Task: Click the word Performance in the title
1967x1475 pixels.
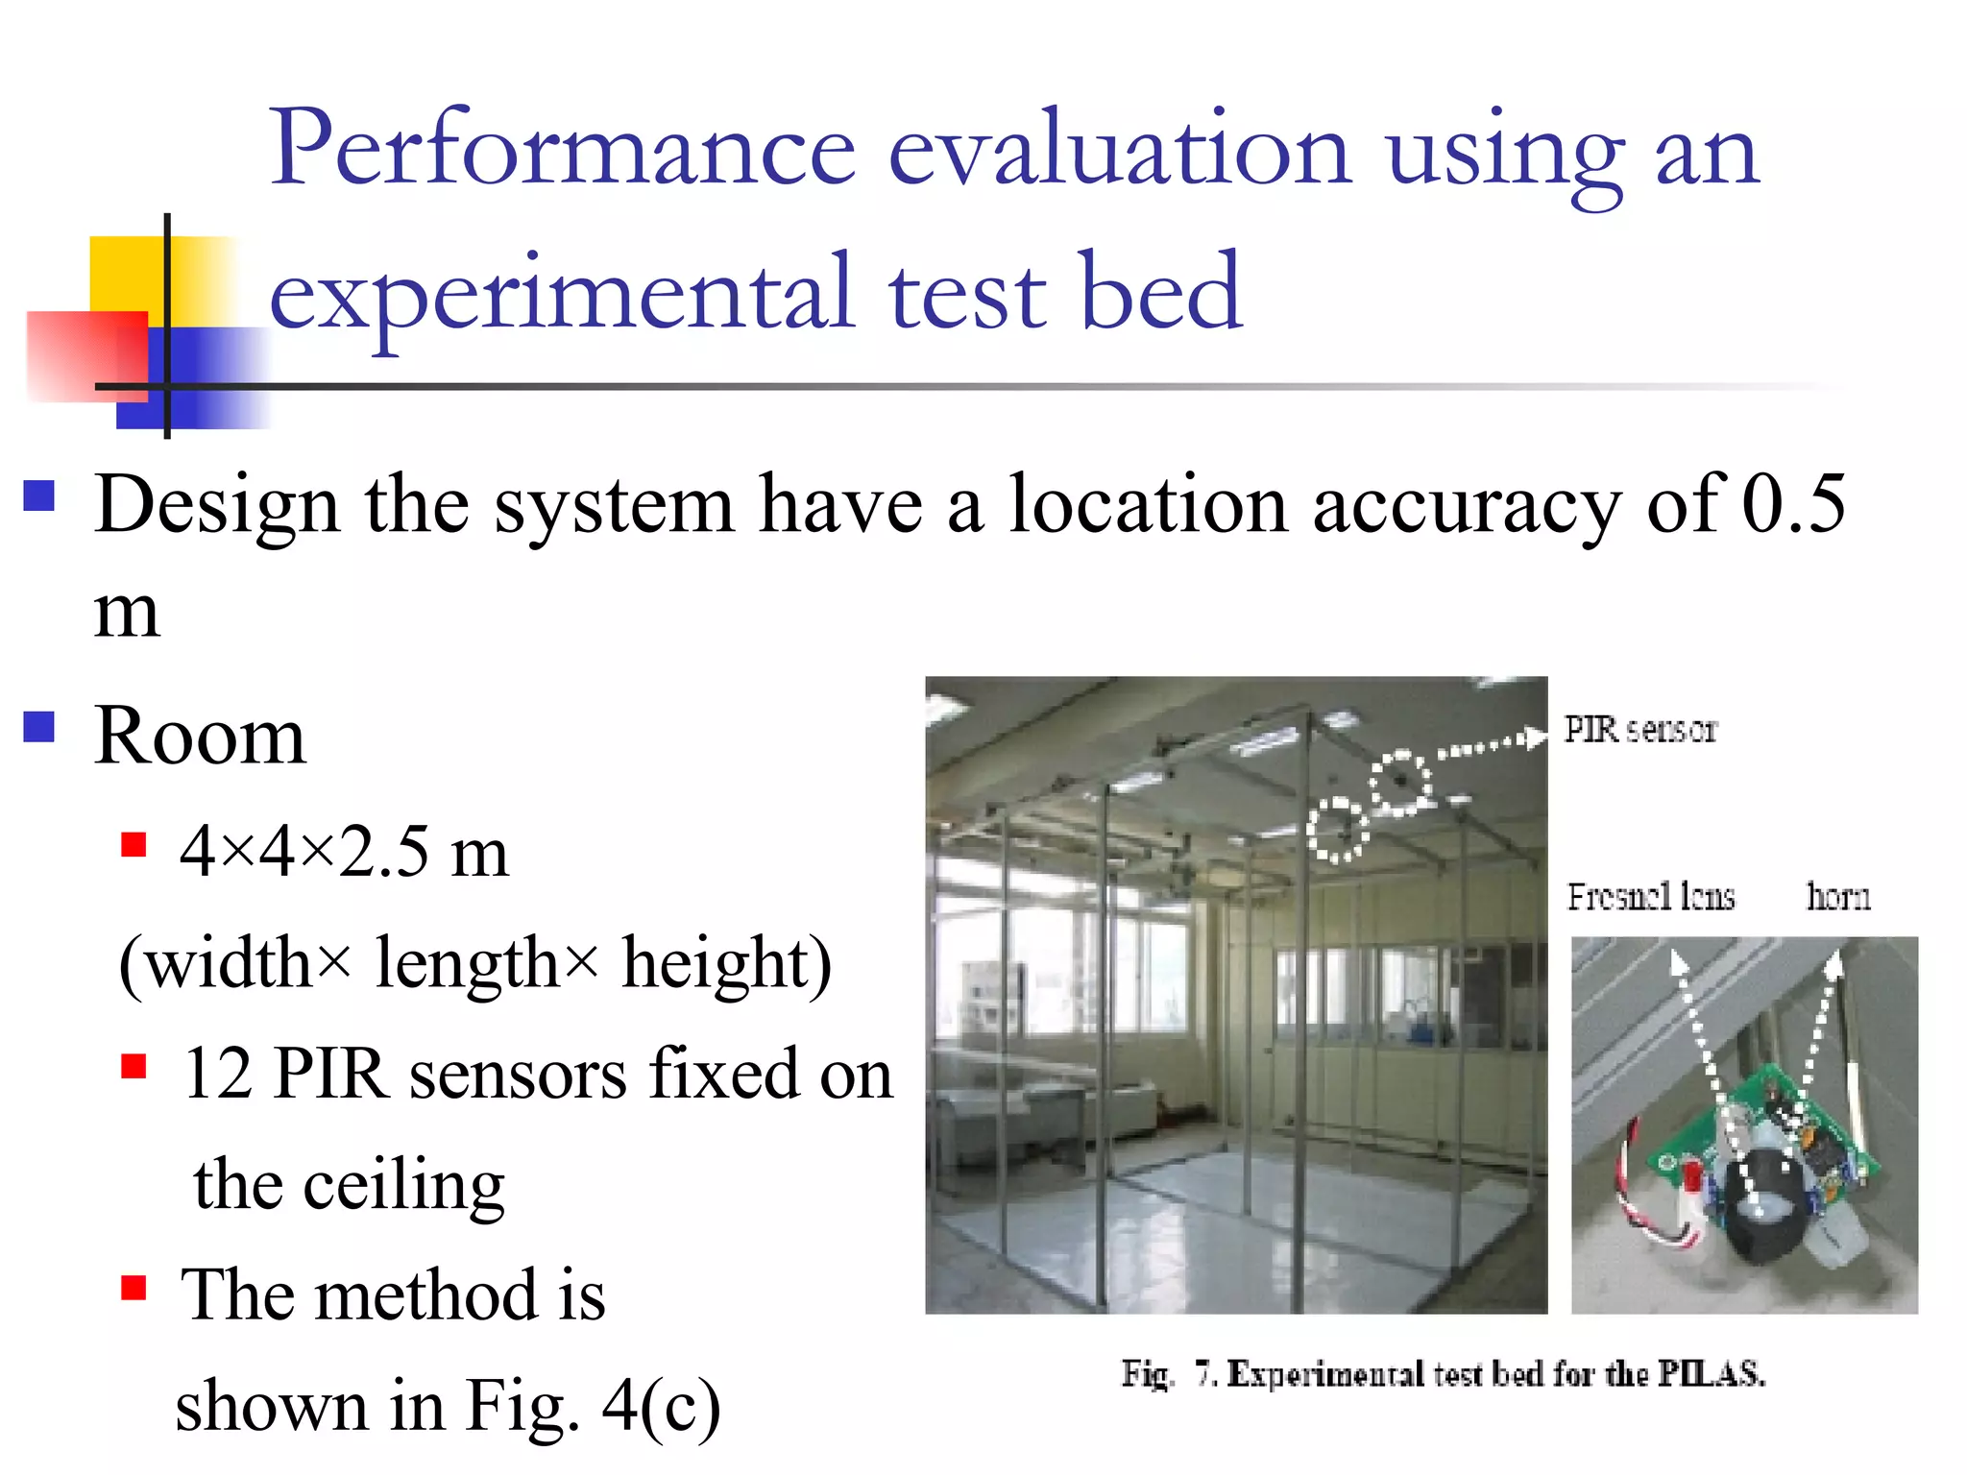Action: (562, 149)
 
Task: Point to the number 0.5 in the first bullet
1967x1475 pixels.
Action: (1792, 503)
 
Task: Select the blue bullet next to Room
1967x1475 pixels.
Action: (39, 727)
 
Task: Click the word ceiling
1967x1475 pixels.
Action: (403, 1186)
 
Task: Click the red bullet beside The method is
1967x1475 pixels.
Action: (134, 1288)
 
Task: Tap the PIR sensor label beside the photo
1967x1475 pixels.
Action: (1639, 730)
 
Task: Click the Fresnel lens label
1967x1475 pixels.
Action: (1651, 897)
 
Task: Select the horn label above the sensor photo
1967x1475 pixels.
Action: (1838, 897)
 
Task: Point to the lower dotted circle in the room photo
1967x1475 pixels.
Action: (1337, 829)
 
